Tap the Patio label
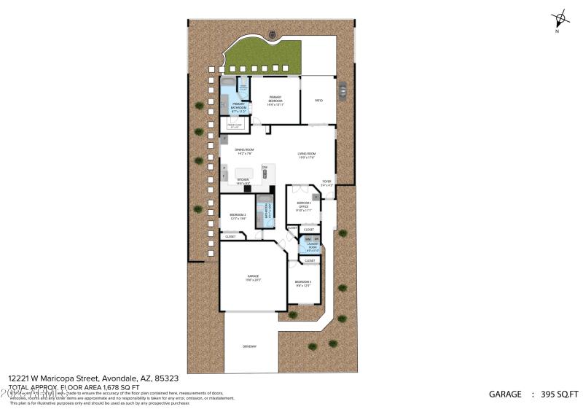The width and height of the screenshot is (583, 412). tap(318, 100)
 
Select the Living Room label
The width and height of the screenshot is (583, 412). tap(306, 154)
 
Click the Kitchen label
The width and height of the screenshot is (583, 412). tap(243, 179)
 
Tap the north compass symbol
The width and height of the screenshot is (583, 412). tap(559, 19)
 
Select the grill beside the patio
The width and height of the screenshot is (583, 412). tap(341, 90)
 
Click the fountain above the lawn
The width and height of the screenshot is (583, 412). tap(273, 34)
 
